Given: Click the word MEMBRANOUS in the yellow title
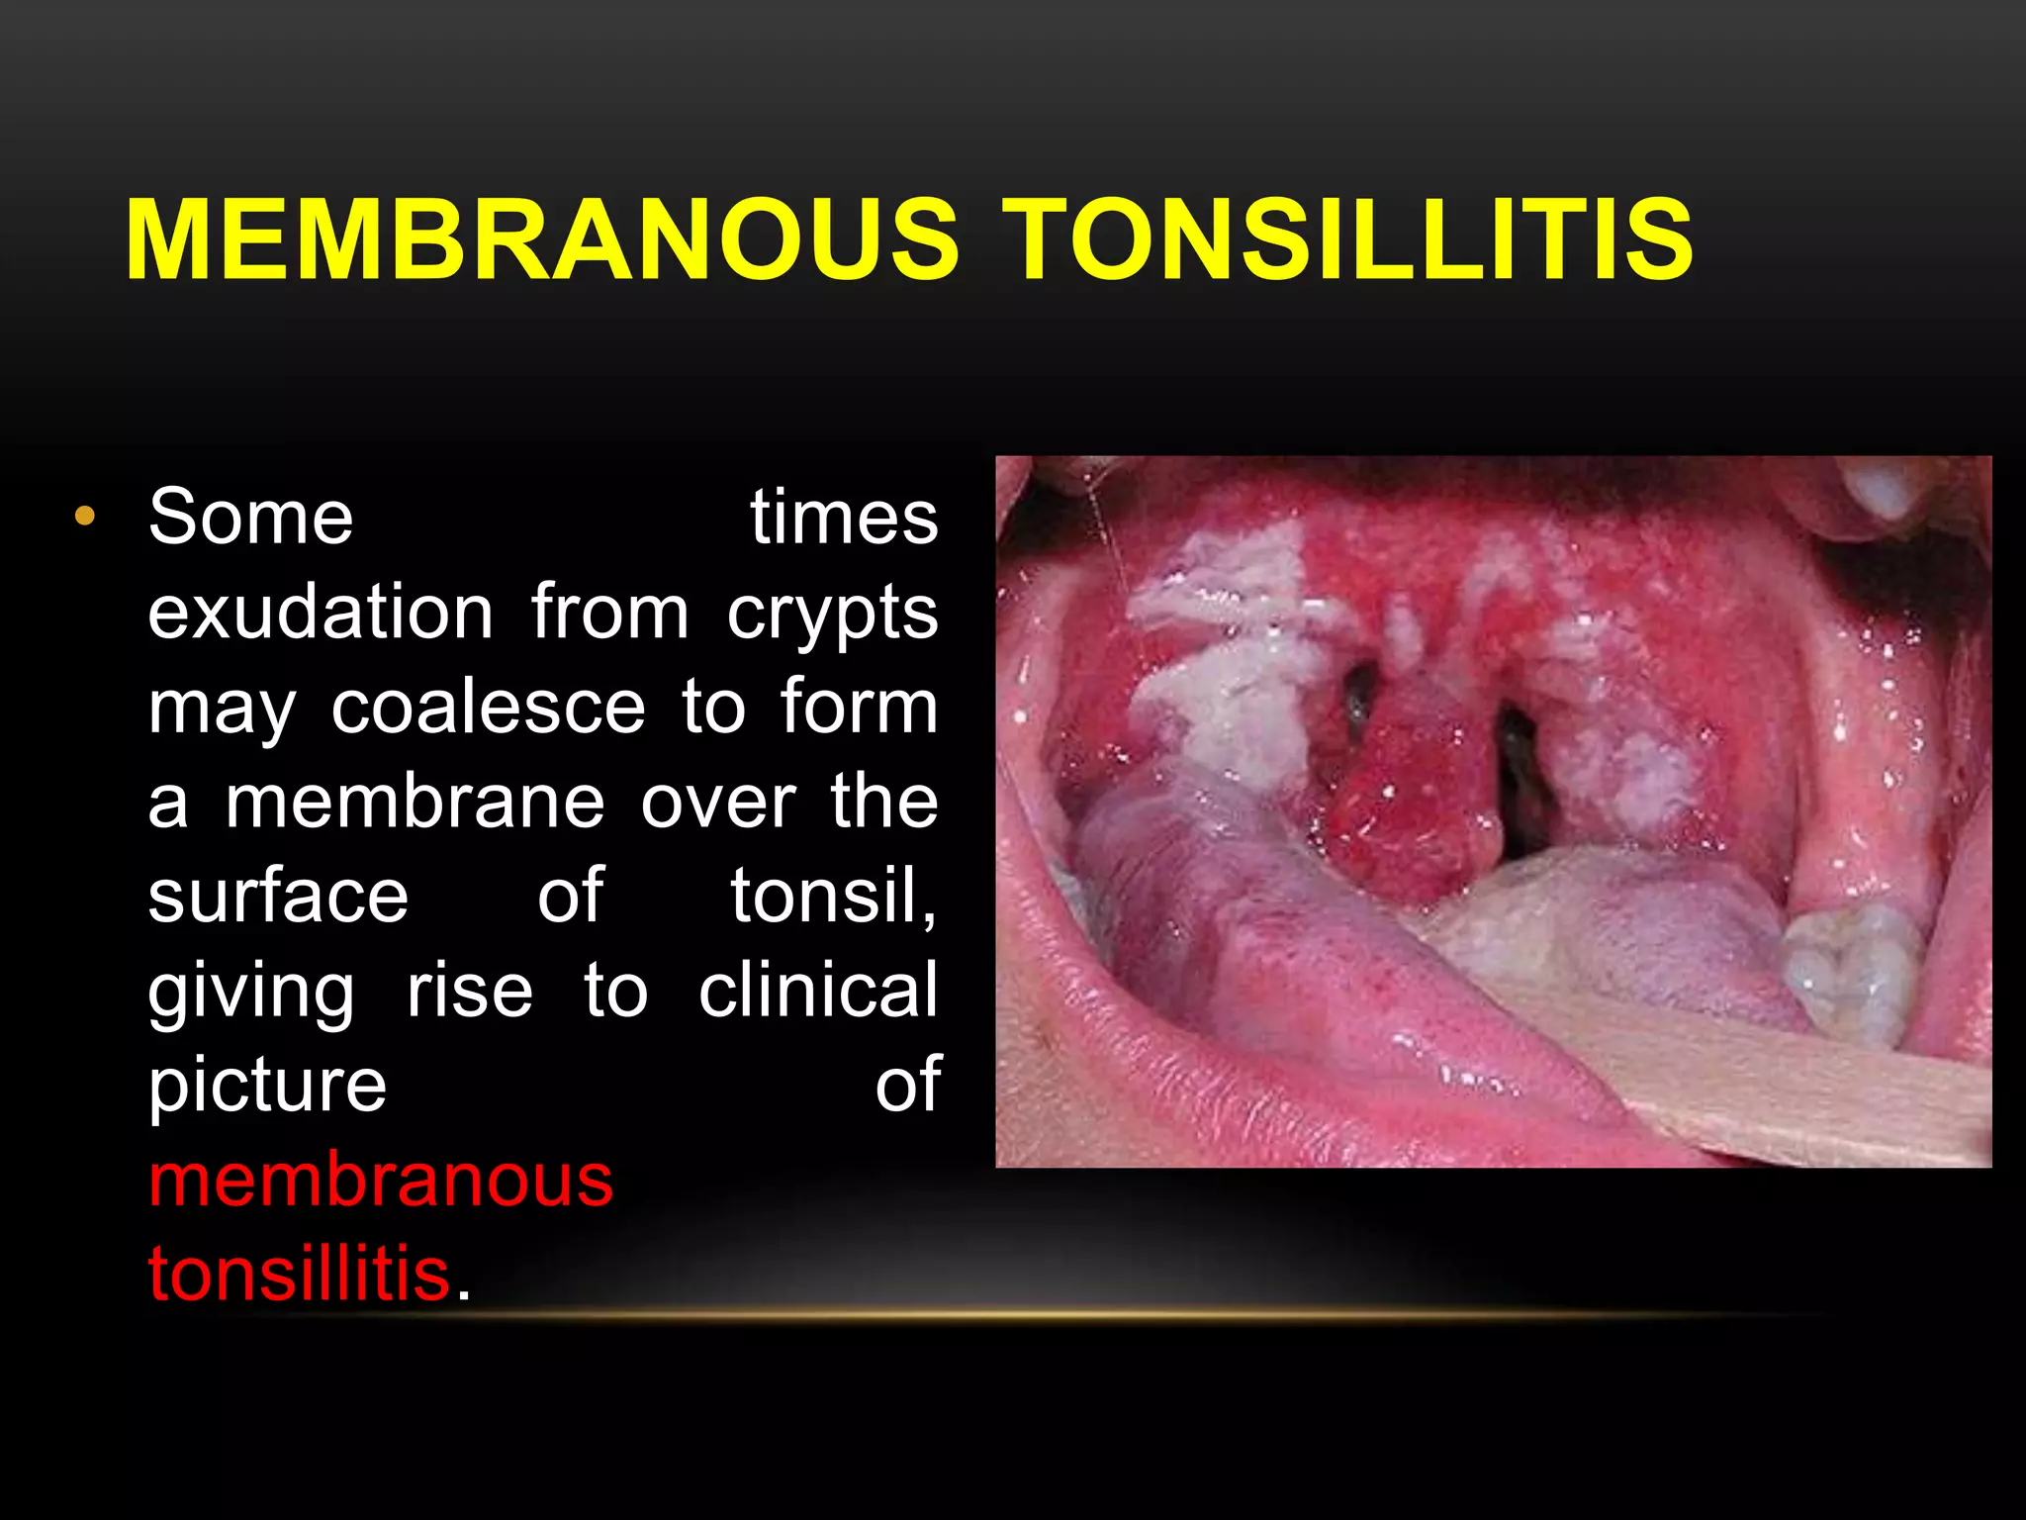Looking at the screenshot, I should point(542,240).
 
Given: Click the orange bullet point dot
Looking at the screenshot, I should point(85,516).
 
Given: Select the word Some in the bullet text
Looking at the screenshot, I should point(250,517).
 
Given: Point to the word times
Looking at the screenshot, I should point(843,517).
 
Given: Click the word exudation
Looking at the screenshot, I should point(321,612).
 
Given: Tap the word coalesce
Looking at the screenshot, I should point(488,707).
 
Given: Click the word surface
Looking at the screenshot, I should point(278,896).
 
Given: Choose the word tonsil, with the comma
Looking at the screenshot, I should point(833,896).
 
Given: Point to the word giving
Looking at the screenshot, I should point(251,993).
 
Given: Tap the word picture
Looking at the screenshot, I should point(267,1086).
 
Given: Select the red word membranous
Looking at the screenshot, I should point(381,1180).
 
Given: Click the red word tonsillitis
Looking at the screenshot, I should point(299,1274).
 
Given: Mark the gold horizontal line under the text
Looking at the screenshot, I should point(1138,1315).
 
